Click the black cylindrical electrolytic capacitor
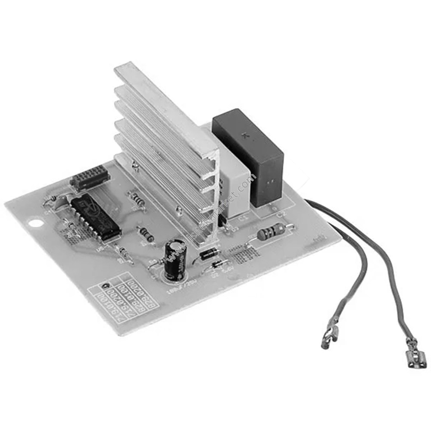(x=175, y=258)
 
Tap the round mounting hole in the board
(x=34, y=224)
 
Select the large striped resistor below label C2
(x=271, y=232)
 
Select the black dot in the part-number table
(x=103, y=287)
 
